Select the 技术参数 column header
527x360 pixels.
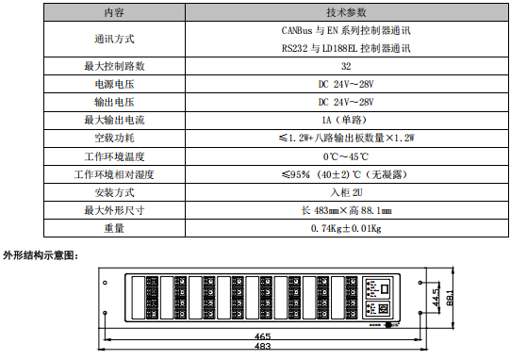[346, 13]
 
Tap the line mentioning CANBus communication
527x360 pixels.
[346, 31]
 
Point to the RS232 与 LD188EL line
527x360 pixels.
[346, 48]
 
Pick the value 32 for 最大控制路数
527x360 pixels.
[346, 67]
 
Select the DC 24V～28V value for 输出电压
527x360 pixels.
[346, 102]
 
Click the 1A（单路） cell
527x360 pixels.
[346, 120]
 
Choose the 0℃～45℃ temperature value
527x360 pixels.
[346, 155]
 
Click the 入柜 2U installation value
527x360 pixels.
[346, 191]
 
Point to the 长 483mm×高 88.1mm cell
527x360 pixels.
[346, 209]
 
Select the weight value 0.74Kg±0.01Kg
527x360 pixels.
[346, 227]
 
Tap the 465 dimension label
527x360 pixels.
[263, 336]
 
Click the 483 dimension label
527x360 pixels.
[263, 347]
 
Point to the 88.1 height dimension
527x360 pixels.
[453, 299]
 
